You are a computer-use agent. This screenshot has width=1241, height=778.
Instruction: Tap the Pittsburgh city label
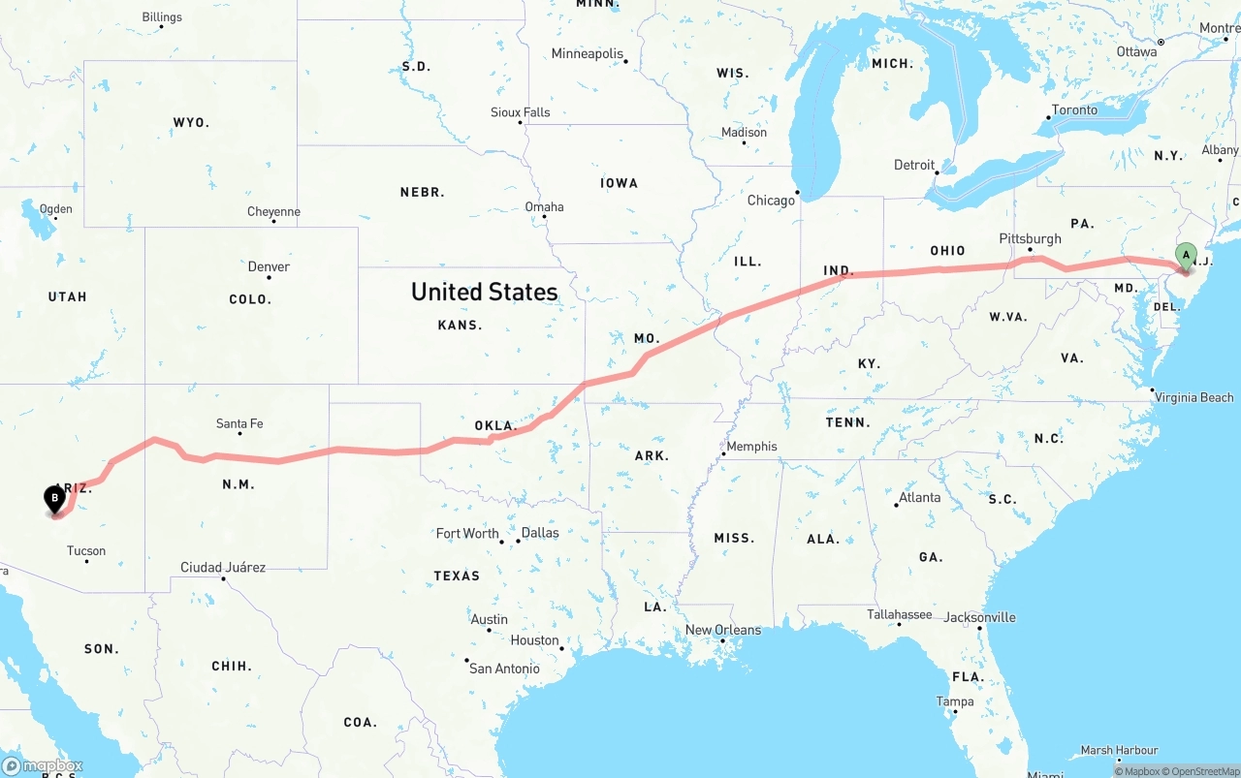tap(1030, 238)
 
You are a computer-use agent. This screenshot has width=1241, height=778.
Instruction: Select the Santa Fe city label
tap(239, 423)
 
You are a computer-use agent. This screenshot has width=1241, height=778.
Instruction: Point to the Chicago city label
tap(771, 201)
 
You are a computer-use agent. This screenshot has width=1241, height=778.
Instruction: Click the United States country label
tap(484, 292)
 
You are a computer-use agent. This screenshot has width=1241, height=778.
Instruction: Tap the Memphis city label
tap(751, 447)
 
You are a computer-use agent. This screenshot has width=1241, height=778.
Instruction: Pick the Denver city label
tap(269, 266)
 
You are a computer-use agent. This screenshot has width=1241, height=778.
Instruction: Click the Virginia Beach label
tap(1193, 397)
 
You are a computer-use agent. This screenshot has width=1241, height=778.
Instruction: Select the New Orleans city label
tap(723, 630)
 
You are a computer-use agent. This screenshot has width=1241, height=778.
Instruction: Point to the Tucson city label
tap(86, 551)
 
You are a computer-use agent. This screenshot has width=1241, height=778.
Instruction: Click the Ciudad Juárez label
tap(223, 567)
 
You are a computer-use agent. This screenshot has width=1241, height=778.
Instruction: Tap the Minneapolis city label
tap(588, 53)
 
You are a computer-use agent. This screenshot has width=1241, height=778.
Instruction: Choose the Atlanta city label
tap(919, 497)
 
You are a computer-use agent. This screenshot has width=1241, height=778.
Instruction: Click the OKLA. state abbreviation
tap(494, 425)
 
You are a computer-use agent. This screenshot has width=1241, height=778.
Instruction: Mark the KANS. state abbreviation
tap(460, 325)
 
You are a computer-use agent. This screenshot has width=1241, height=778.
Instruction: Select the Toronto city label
tap(1074, 109)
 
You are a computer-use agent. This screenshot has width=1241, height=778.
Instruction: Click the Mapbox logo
tap(43, 765)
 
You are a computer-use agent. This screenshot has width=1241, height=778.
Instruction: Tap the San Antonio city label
tap(504, 669)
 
